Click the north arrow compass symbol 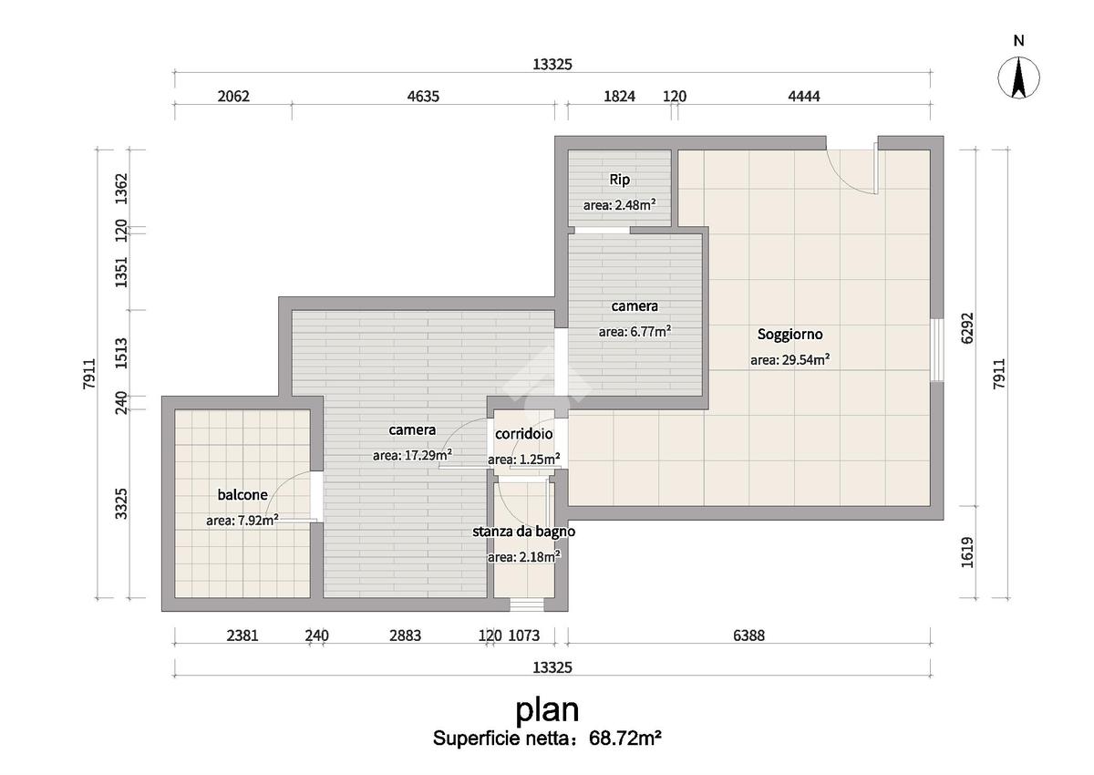(1019, 77)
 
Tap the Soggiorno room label (790, 335)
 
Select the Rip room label (619, 180)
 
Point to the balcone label (243, 495)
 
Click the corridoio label (523, 434)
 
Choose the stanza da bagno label (523, 532)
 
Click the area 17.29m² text (412, 456)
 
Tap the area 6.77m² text (635, 332)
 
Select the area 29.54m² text (790, 360)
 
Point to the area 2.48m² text (619, 205)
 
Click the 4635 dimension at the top (423, 97)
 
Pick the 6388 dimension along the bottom (748, 635)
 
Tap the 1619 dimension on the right (967, 553)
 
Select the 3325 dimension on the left (120, 503)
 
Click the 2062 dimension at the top (233, 97)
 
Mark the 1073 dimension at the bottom (524, 635)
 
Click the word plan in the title (547, 710)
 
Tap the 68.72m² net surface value (625, 738)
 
